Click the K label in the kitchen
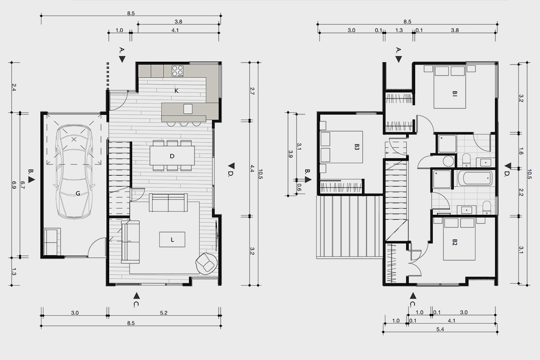pos(176,91)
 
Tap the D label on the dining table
pos(172,156)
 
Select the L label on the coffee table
pos(172,240)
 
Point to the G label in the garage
pos(78,193)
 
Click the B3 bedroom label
pos(357,147)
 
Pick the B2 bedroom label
pos(455,242)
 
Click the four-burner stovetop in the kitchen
pos(178,71)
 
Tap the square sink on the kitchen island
pos(188,109)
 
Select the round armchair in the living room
pos(206,264)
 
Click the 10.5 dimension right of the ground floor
pos(260,174)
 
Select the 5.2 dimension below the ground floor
pos(164,313)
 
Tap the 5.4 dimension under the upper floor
pos(440,329)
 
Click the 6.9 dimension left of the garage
pos(14,185)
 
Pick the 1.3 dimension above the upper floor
pos(399,31)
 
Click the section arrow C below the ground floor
pos(137,295)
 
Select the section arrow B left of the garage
pos(32,180)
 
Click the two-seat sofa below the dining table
pos(168,203)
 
